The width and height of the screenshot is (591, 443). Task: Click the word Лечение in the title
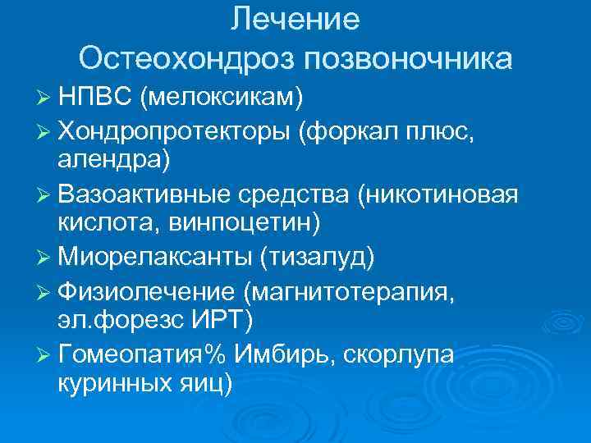295,20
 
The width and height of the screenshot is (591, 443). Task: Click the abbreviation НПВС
95,98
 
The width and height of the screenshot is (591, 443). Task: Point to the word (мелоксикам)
222,98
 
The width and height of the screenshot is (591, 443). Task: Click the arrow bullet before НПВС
44,99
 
